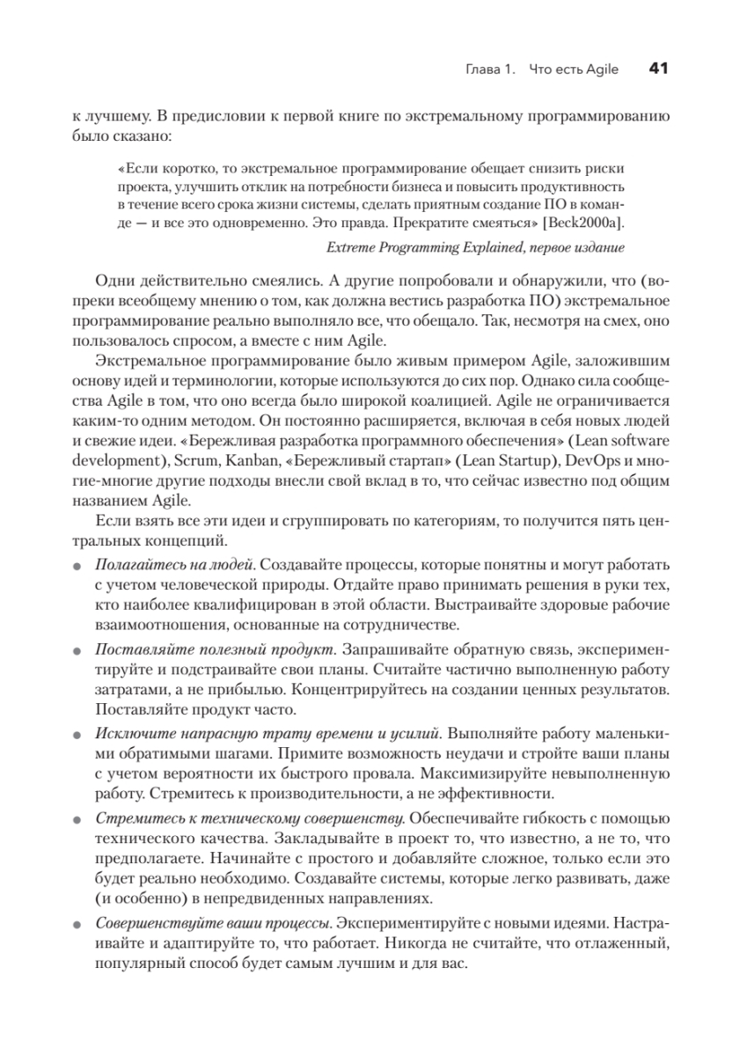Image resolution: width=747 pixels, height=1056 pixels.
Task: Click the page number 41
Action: [x=660, y=69]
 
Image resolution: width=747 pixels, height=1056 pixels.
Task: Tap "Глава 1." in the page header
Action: [x=489, y=70]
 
